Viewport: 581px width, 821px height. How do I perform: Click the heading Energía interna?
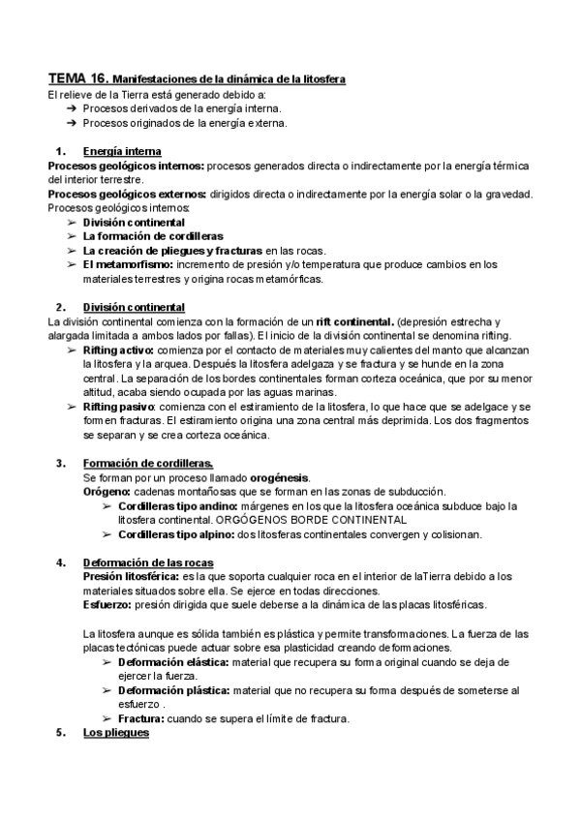(122, 152)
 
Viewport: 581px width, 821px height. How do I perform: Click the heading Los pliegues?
(116, 732)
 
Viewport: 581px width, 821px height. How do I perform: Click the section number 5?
(60, 732)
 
